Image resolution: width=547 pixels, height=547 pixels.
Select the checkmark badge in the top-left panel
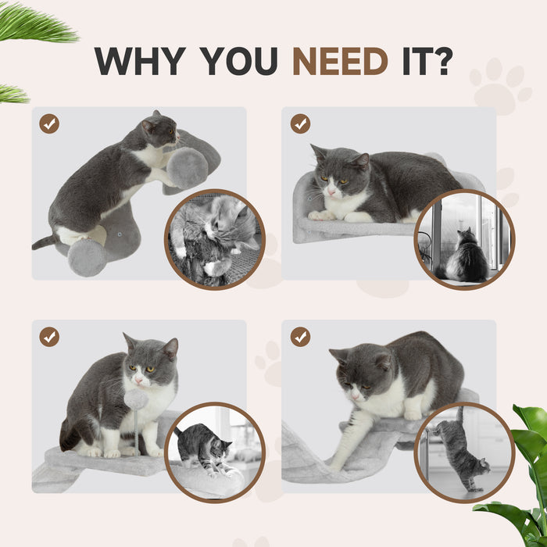point(49,123)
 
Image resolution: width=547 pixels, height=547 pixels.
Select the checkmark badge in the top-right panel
point(300,123)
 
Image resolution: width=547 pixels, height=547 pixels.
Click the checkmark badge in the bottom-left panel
point(49,337)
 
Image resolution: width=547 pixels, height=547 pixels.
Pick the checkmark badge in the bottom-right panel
point(300,337)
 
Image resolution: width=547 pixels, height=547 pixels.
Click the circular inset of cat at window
point(464,239)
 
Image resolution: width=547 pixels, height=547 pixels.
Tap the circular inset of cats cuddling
point(215,239)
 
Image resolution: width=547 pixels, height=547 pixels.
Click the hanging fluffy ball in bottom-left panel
point(136,399)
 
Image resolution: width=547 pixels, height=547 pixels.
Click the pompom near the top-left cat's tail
point(87,258)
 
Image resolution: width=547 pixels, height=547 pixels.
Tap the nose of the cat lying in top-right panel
point(331,191)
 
